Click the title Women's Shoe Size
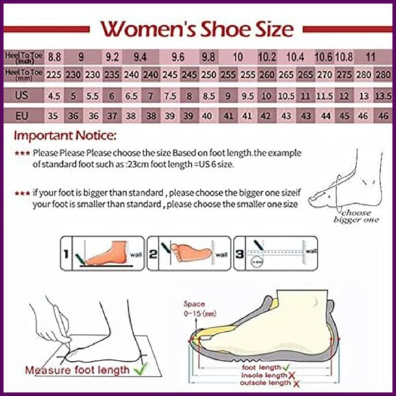[197, 29]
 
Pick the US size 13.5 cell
[383, 96]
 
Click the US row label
[21, 96]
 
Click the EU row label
[21, 115]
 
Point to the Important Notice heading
[66, 136]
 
